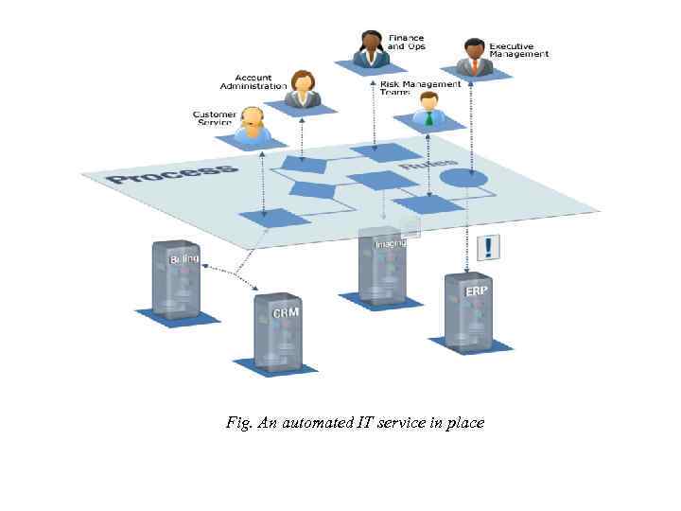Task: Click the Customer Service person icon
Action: tap(253, 124)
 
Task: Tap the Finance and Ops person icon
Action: tap(372, 48)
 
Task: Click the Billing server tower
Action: tap(177, 279)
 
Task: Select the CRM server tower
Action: tap(279, 330)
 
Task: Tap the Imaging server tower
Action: tap(383, 265)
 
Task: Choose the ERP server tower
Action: tap(469, 312)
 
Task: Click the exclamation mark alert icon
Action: tap(488, 248)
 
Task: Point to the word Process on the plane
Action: tap(171, 173)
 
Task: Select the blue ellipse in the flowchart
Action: tap(463, 177)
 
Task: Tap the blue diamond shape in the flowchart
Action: tap(313, 189)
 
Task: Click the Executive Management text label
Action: tap(519, 50)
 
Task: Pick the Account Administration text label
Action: tap(253, 82)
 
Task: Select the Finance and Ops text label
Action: tap(406, 43)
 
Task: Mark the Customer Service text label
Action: tap(215, 118)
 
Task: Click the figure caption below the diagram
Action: tap(355, 422)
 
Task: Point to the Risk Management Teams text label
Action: tap(420, 87)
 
